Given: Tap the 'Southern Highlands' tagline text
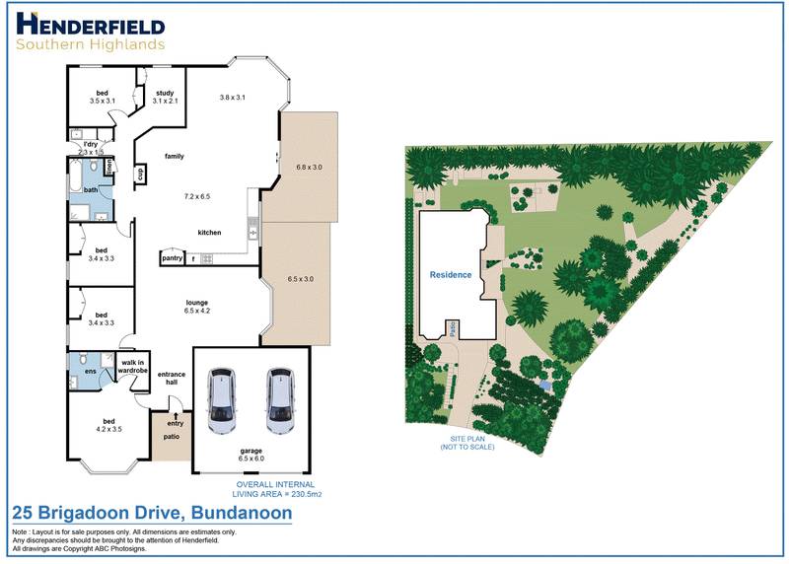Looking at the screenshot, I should (x=91, y=44).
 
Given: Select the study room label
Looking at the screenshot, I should (x=165, y=97).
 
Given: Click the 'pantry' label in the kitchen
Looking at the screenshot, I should (x=172, y=258).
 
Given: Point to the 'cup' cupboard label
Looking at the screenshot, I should (x=140, y=174).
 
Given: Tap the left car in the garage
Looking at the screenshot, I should (x=223, y=402).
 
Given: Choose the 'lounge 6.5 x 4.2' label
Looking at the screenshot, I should (x=198, y=307).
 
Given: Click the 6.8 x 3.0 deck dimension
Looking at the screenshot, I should (x=309, y=168).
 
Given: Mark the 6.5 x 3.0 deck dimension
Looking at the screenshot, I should (x=300, y=279).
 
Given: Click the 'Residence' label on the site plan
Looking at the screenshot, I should (x=450, y=275).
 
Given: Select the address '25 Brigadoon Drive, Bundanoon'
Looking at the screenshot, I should (x=151, y=514).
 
